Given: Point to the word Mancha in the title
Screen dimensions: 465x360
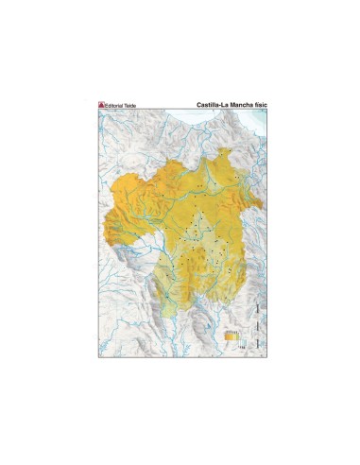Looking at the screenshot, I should click(238, 105).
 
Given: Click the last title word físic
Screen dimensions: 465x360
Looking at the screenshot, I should click(257, 105).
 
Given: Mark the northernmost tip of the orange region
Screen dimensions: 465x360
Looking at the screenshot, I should click(225, 150).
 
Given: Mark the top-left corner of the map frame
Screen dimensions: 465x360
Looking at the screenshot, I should click(98, 110).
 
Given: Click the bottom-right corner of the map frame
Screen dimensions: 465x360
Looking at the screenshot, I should click(263, 354).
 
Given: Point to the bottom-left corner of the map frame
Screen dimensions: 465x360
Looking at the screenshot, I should click(98, 354).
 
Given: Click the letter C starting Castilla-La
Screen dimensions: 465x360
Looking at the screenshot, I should click(198, 105).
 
